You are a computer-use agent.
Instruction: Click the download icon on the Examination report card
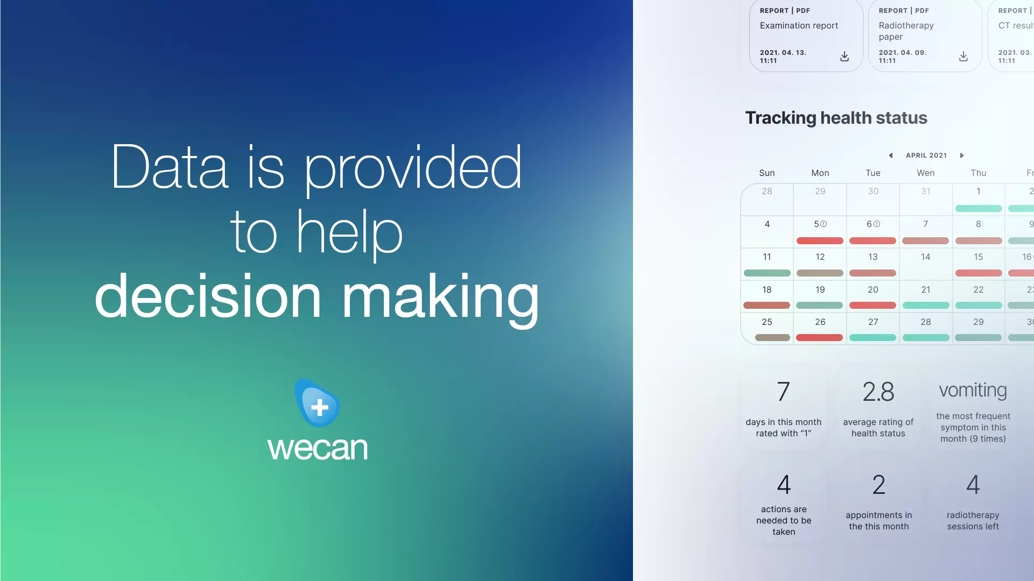tap(845, 56)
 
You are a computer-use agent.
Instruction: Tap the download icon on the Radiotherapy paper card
tap(963, 56)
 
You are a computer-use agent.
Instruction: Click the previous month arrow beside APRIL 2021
tap(891, 155)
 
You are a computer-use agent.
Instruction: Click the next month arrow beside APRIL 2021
tap(961, 155)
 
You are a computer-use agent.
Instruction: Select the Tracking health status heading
tap(836, 118)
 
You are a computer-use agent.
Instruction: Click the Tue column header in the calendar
tap(873, 173)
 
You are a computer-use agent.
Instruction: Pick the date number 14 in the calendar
tap(925, 257)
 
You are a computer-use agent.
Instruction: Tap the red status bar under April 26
tap(819, 338)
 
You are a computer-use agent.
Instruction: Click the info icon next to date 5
tap(824, 224)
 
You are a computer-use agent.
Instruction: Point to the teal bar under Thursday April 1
tap(979, 208)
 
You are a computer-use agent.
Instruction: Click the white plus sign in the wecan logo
tap(320, 407)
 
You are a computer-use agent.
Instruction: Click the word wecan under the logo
tap(318, 449)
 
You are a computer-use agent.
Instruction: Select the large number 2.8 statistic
tap(878, 392)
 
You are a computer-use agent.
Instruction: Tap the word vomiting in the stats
tap(973, 390)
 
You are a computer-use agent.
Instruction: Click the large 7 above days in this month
tap(784, 392)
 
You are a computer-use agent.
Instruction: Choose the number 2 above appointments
tap(879, 485)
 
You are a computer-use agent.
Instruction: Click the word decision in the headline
tap(208, 296)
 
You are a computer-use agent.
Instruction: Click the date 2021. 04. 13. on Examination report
tap(783, 53)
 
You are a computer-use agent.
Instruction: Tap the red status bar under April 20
tap(873, 305)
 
